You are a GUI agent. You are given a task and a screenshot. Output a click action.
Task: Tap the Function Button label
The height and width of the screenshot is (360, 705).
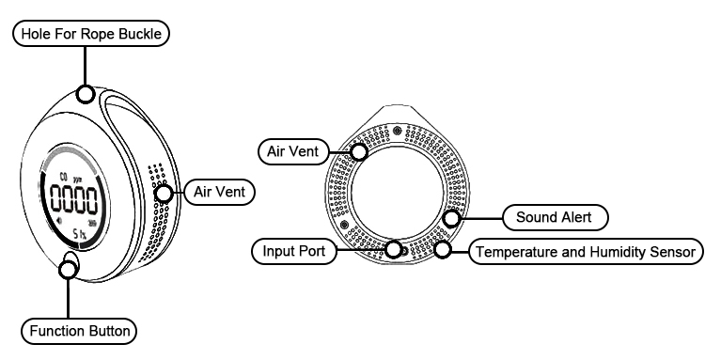tap(80, 331)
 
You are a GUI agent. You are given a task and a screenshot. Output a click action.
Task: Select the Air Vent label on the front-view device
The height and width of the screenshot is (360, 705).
tap(217, 193)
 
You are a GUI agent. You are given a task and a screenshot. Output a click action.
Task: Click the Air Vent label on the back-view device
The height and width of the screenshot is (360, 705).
tap(294, 149)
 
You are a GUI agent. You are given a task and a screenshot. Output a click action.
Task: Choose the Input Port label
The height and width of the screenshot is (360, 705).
tap(288, 252)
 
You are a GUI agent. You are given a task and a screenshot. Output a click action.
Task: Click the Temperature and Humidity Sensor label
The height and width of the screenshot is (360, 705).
tap(585, 252)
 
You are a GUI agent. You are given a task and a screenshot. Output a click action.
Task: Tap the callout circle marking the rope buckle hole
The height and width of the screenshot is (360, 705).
tap(85, 94)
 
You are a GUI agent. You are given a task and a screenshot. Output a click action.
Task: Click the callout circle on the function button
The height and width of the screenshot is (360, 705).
tap(69, 270)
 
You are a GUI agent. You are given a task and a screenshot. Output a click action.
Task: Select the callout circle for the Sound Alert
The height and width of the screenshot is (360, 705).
tap(451, 219)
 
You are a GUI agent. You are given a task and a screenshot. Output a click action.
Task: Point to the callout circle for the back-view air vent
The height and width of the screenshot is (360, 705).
tap(359, 150)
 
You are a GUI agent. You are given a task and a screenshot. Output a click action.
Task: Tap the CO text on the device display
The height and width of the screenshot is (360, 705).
tap(64, 176)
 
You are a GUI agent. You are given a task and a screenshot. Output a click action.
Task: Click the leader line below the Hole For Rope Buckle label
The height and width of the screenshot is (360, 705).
tap(85, 66)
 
